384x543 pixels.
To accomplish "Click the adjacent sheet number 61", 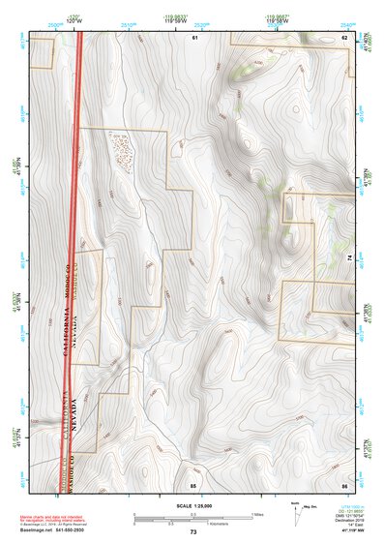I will point(193,37).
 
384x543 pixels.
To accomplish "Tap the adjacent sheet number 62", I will point(344,37).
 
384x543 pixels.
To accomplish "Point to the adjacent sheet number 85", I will point(193,483).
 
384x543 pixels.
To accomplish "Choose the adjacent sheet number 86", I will point(344,483).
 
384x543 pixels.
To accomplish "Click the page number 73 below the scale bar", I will point(192,532).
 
